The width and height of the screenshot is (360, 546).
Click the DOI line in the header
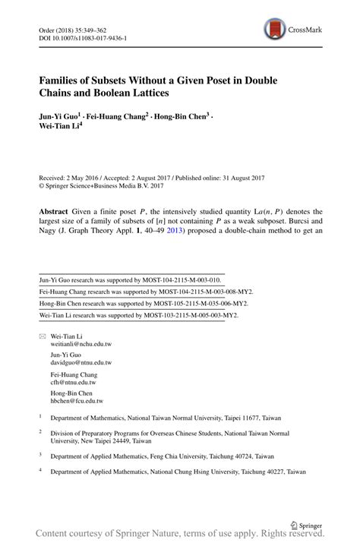point(83,37)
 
